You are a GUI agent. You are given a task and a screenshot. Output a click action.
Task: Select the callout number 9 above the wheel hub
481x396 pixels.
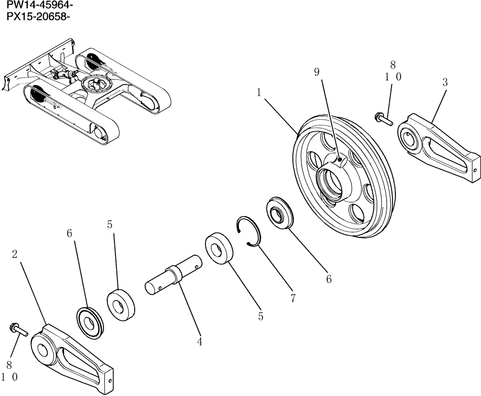tap(316, 73)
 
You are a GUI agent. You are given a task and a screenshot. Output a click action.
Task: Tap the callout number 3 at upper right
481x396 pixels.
tap(445, 83)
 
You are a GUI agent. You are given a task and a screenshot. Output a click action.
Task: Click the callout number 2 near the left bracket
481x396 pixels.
tap(15, 254)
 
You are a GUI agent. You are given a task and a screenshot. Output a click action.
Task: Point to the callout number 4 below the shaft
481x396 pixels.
tap(199, 342)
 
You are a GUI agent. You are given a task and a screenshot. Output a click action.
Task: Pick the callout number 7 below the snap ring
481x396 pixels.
tap(292, 298)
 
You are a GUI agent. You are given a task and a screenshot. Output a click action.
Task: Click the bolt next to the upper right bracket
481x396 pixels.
tap(383, 118)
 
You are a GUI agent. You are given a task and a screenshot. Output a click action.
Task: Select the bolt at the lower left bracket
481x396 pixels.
tap(18, 330)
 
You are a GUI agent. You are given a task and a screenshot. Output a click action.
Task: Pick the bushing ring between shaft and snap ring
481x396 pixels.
tap(220, 248)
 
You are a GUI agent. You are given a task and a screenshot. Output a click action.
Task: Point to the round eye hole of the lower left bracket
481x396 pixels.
tap(43, 349)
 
